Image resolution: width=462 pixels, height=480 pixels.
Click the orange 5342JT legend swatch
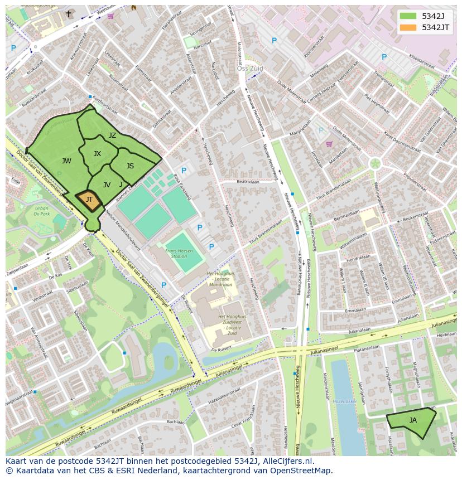(408, 27)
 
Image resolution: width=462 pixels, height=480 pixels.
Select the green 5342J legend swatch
(408, 16)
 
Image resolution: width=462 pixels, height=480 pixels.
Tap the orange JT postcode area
(89, 200)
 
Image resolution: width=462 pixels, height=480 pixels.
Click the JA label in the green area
(413, 420)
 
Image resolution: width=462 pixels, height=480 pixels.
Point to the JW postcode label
(66, 161)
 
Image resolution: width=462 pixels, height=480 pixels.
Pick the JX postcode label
(97, 154)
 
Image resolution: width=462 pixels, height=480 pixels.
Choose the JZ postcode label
(112, 135)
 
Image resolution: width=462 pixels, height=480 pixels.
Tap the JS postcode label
(130, 166)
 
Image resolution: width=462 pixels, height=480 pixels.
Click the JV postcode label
(107, 185)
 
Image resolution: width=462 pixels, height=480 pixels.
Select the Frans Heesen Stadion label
(179, 254)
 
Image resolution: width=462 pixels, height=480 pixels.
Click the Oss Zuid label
(249, 69)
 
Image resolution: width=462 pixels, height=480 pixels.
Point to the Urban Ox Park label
(42, 211)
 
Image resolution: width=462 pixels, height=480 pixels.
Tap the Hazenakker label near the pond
(344, 401)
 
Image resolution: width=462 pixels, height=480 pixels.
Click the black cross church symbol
(69, 13)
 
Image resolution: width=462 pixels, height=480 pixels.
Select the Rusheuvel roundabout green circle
(375, 163)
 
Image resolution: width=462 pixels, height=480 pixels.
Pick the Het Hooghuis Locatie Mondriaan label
(219, 279)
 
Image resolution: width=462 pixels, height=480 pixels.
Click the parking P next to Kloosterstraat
(384, 57)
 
